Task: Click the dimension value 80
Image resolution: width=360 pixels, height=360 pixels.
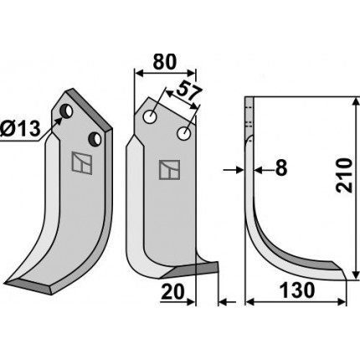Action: point(165,62)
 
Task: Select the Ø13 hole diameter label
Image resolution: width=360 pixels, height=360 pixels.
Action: point(20,129)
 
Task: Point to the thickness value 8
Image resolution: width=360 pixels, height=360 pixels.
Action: point(281,168)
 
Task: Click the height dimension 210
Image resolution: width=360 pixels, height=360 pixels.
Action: point(343,175)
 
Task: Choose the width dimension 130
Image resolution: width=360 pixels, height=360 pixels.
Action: point(297,291)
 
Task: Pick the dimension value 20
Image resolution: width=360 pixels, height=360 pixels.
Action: point(173,292)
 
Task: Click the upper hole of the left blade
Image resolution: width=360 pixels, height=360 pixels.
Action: point(67,111)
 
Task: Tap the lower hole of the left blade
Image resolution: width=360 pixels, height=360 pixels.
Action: point(95,139)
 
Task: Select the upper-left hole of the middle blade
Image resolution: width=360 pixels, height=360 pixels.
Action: point(150,116)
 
